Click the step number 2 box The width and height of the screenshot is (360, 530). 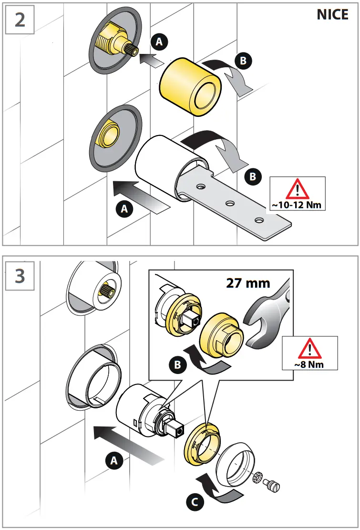click(x=20, y=20)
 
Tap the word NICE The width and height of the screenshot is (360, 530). click(x=332, y=15)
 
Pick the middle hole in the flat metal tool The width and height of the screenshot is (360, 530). click(x=230, y=204)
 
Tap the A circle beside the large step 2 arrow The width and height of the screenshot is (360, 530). click(x=124, y=208)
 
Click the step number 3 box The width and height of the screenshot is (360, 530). click(x=20, y=276)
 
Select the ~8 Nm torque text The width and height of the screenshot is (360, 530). click(x=310, y=364)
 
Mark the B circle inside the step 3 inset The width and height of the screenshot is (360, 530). click(x=176, y=366)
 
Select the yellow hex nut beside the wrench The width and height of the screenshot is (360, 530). click(x=221, y=334)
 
